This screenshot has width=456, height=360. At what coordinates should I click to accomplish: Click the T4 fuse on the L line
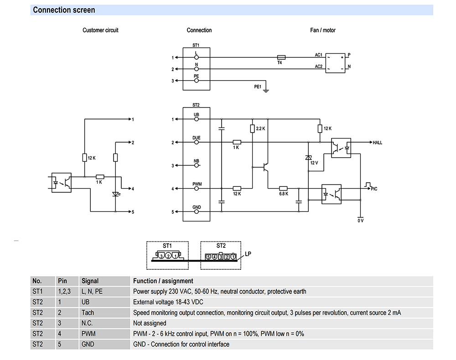click(x=281, y=57)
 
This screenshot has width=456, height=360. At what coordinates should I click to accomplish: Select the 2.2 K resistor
click(x=253, y=129)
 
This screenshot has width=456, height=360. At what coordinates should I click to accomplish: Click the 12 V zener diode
click(x=308, y=158)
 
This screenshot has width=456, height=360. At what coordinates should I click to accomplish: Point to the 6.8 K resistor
click(x=283, y=189)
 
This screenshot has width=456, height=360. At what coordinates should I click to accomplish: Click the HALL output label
click(x=378, y=143)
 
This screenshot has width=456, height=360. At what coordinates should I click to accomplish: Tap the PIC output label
click(x=374, y=189)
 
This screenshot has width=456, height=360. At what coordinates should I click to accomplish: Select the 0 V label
click(x=361, y=221)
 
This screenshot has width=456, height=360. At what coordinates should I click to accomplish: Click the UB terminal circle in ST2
click(x=197, y=119)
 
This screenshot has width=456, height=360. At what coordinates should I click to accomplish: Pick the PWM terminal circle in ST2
click(x=197, y=189)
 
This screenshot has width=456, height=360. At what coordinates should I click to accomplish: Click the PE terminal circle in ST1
click(x=197, y=81)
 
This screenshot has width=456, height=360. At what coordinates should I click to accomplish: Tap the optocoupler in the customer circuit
click(x=62, y=183)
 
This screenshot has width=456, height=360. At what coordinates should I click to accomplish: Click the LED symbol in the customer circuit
click(x=116, y=194)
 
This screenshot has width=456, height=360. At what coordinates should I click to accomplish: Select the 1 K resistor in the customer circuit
click(x=100, y=177)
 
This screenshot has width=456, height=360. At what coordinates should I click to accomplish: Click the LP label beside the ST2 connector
click(x=248, y=254)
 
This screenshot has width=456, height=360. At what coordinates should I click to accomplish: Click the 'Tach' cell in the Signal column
click(x=88, y=313)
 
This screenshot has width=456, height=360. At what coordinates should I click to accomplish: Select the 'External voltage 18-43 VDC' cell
click(x=168, y=302)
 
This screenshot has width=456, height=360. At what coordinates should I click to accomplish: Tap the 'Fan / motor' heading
click(x=323, y=30)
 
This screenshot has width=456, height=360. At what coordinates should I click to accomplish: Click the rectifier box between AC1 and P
click(x=335, y=63)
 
